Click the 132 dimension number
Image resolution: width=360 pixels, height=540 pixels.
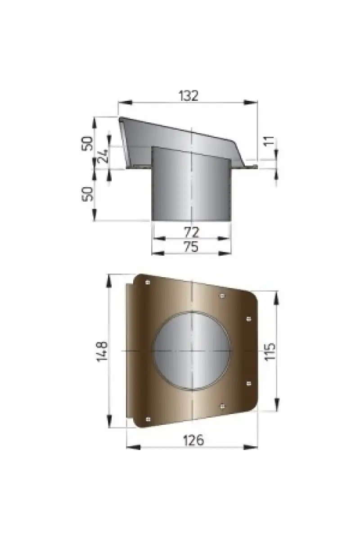[189, 96]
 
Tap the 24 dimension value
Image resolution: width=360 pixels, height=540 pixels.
[103, 156]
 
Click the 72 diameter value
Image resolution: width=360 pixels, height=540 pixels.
[191, 232]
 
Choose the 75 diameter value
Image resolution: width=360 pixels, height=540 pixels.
[191, 247]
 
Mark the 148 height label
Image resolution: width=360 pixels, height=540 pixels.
[102, 351]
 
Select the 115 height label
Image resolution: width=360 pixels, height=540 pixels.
[270, 351]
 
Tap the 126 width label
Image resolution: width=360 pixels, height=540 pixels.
[193, 440]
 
